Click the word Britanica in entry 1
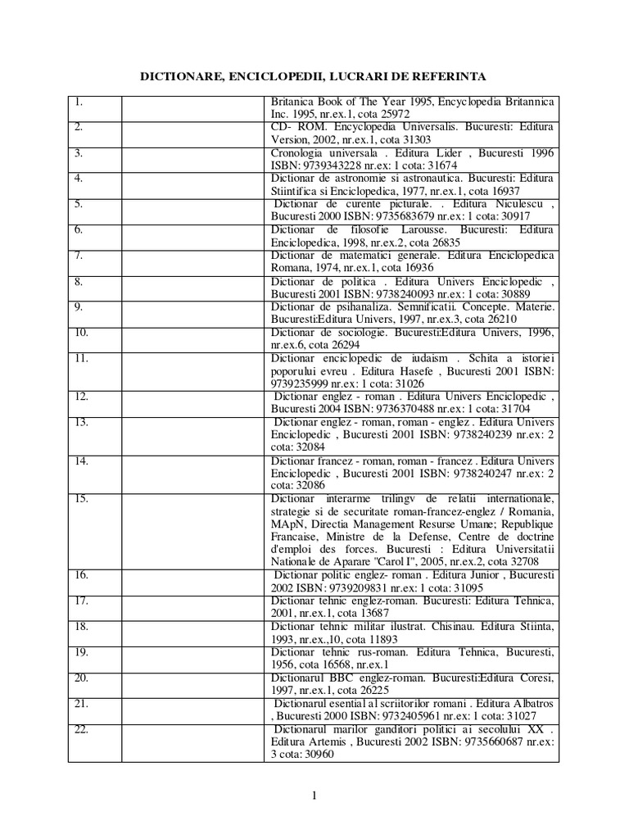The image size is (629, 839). point(292,101)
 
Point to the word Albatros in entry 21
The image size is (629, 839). point(530,704)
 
